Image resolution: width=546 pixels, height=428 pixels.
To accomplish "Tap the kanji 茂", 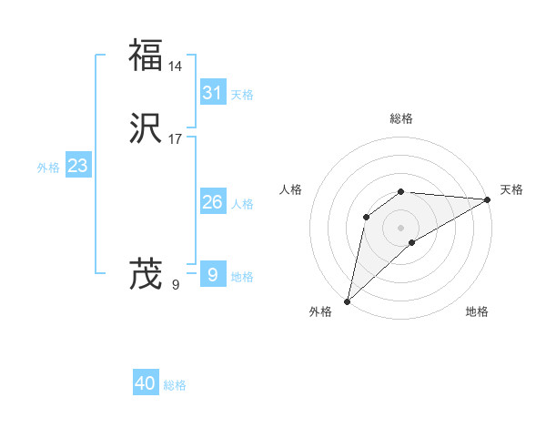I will (x=146, y=273).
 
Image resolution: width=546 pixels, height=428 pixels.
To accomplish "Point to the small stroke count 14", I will (x=175, y=66).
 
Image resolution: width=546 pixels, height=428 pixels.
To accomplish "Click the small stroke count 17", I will (x=175, y=139).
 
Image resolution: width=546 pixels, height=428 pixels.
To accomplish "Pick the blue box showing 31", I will (x=213, y=92).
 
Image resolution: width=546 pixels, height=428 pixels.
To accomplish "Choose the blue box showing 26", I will (x=213, y=202).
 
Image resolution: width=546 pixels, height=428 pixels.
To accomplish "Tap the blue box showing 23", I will (x=77, y=166).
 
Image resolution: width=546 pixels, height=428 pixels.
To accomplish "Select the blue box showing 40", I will (x=146, y=383).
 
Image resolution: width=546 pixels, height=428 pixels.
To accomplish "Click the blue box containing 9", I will (x=213, y=274).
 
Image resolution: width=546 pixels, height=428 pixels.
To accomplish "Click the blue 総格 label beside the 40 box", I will (x=175, y=385).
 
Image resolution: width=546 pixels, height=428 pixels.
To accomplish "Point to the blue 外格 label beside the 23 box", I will (x=48, y=168).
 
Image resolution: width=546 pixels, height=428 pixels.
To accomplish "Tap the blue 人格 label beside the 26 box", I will (x=242, y=204).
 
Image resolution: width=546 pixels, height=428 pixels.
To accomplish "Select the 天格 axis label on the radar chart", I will (x=511, y=189).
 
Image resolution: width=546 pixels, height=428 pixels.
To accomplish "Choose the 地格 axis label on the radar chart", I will (x=477, y=312).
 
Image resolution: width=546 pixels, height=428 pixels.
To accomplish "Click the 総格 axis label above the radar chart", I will (x=401, y=118).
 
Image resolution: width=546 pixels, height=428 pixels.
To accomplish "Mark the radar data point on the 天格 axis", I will (x=488, y=199).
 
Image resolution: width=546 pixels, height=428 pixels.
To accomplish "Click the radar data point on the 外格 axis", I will (x=348, y=301).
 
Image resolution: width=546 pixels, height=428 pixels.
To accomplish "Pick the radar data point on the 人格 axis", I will (x=366, y=217).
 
